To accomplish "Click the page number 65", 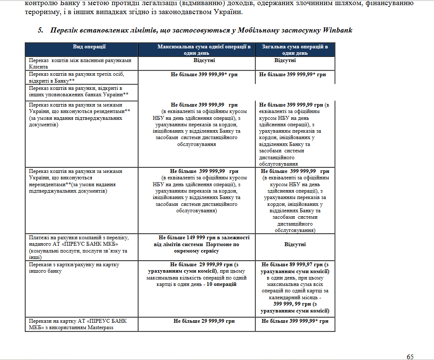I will (410, 357).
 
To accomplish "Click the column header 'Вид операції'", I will (89, 47).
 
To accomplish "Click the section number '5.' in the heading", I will (41, 30).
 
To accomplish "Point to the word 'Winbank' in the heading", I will (338, 30).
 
